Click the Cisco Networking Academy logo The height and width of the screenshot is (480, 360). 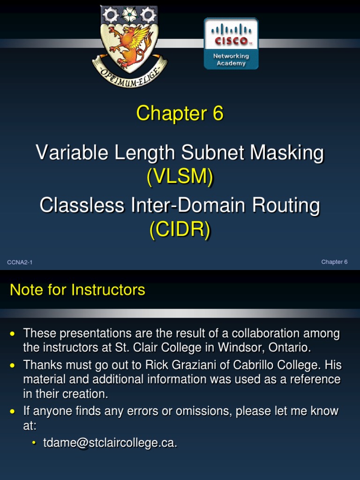[x=231, y=44]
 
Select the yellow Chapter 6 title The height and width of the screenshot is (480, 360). [x=180, y=113]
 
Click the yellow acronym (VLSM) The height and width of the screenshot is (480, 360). [x=180, y=177]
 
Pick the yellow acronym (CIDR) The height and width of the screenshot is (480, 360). [x=180, y=230]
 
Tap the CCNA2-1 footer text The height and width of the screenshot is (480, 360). [x=19, y=262]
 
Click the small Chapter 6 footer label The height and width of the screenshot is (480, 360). [x=334, y=262]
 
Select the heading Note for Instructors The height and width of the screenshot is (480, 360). [x=77, y=290]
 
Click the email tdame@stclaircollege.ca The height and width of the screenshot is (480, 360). [x=110, y=443]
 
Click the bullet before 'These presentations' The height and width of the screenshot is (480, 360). [x=13, y=334]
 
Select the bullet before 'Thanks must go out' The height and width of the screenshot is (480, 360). [x=13, y=365]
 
